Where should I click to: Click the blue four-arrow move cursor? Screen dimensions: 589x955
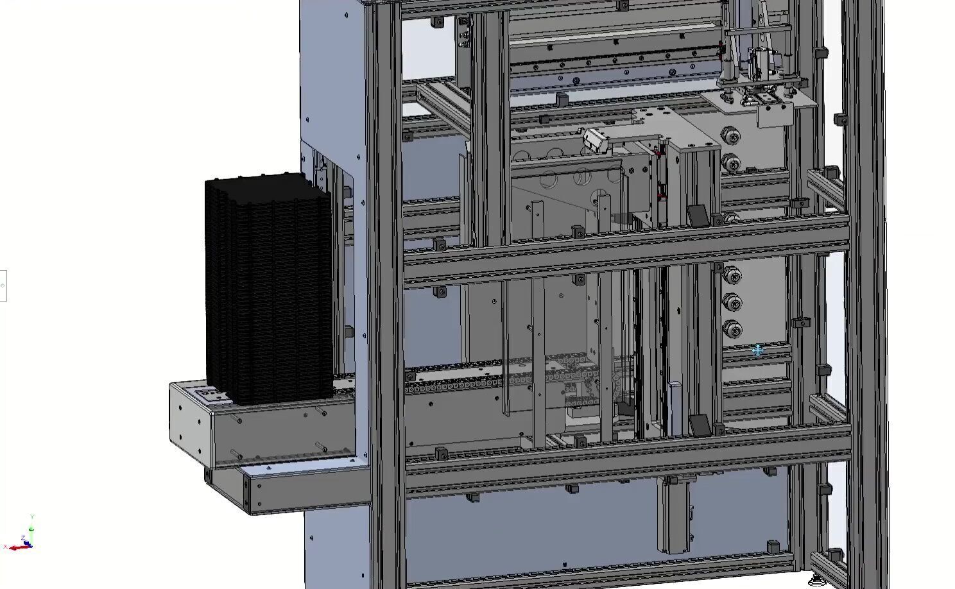click(757, 350)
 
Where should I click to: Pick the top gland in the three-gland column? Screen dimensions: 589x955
click(732, 276)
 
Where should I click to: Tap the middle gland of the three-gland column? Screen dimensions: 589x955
click(732, 302)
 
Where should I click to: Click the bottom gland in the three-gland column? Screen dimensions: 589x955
click(732, 329)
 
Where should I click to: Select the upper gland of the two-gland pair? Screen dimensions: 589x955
click(730, 136)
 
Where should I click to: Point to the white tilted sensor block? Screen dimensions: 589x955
click(595, 140)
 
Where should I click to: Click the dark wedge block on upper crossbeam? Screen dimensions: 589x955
click(698, 215)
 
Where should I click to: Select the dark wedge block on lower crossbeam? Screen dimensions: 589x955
click(700, 425)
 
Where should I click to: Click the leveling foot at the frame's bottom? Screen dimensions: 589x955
click(816, 581)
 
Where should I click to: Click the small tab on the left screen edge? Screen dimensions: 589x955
click(3, 286)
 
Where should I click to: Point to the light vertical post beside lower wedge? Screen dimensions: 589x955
click(674, 408)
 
